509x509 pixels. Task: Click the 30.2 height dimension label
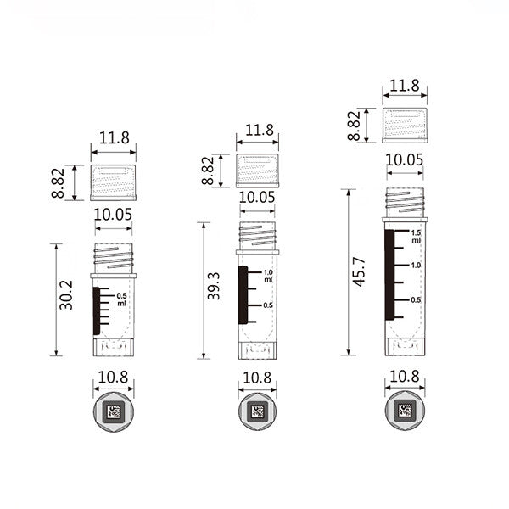[65, 294]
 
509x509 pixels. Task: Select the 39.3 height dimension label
[214, 286]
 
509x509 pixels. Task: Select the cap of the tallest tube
[404, 124]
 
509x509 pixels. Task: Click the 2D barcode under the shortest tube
[113, 412]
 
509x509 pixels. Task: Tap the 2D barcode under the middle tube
[257, 412]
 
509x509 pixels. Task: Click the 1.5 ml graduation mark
[416, 235]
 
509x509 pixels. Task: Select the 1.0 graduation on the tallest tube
[416, 266]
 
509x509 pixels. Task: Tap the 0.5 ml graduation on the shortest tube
[121, 298]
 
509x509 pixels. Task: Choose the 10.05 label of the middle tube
[258, 197]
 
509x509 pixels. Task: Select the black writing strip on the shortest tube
[95, 310]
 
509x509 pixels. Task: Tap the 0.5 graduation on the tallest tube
[416, 300]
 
